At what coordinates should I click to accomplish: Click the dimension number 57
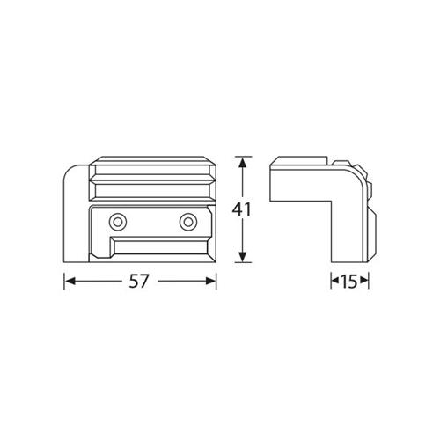139,282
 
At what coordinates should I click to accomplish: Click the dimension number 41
241,209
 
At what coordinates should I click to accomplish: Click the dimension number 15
349,282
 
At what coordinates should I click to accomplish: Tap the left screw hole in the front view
118,222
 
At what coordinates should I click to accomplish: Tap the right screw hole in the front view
188,222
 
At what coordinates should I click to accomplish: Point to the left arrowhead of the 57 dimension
70,282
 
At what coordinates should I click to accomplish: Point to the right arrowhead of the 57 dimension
211,282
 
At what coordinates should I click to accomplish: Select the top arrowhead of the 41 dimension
242,162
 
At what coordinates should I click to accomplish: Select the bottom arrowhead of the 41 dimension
242,257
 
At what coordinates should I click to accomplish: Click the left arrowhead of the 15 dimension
334,280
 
